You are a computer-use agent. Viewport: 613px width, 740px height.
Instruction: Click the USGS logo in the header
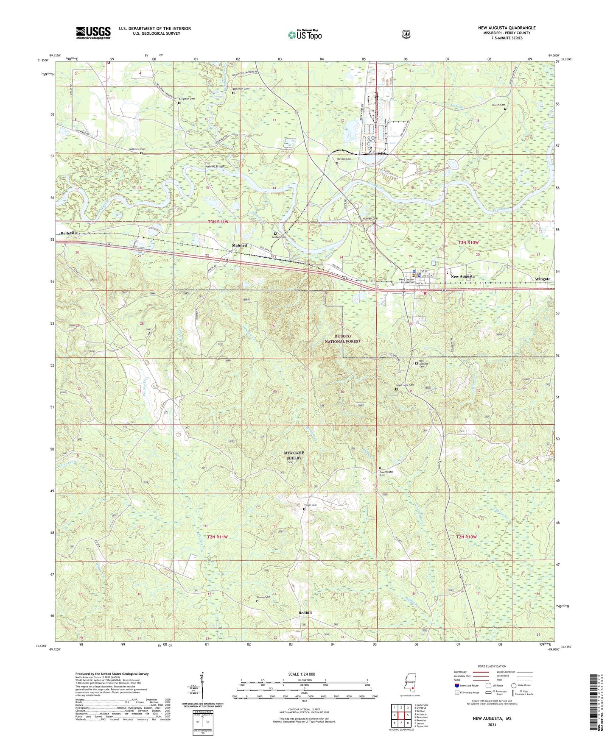(x=93, y=33)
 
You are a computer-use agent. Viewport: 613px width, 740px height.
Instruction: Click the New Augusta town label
(x=462, y=276)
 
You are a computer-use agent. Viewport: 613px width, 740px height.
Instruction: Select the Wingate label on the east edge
(x=542, y=279)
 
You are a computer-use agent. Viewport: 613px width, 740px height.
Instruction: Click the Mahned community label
(x=239, y=245)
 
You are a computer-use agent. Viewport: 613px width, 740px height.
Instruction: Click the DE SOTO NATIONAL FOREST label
(x=342, y=338)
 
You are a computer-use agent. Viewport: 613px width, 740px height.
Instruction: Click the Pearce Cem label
(x=263, y=597)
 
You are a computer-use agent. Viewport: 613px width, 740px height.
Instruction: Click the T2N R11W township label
(x=218, y=537)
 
